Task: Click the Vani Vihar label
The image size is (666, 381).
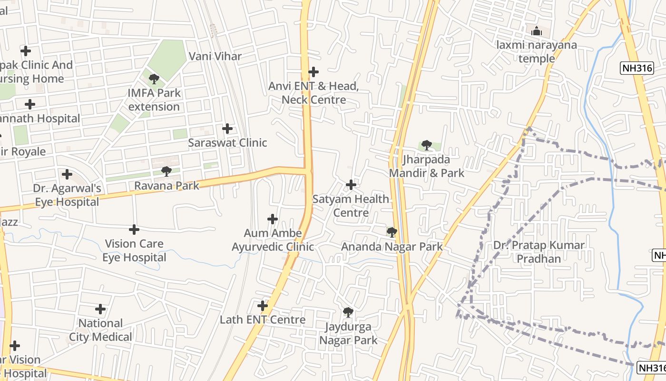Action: point(215,56)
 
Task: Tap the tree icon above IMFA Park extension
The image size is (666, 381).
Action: point(154,79)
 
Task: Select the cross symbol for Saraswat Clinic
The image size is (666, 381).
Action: point(227,129)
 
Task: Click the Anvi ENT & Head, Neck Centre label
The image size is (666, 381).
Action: point(313,93)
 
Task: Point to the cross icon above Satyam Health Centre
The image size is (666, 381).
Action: point(351,185)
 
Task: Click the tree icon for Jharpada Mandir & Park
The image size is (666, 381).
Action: point(426,145)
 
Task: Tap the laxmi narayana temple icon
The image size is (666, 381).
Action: point(537,31)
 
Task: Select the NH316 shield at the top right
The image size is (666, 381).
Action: point(637,68)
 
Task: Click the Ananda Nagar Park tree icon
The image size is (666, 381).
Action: point(392,232)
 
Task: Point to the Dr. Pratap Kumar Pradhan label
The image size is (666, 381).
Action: point(539,252)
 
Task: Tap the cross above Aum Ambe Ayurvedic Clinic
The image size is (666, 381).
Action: point(273,219)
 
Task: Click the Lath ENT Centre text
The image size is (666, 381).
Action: point(263,320)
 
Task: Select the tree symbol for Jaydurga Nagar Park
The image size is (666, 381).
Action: point(348,312)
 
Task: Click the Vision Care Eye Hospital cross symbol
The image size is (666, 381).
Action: point(134,230)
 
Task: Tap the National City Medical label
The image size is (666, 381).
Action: point(100,330)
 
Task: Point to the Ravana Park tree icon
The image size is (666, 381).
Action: point(166,171)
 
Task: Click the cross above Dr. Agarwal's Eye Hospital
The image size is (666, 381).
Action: point(67,174)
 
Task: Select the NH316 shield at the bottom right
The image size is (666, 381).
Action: point(651,368)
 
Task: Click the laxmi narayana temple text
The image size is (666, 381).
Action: point(537,52)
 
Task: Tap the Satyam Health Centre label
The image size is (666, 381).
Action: point(351,206)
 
